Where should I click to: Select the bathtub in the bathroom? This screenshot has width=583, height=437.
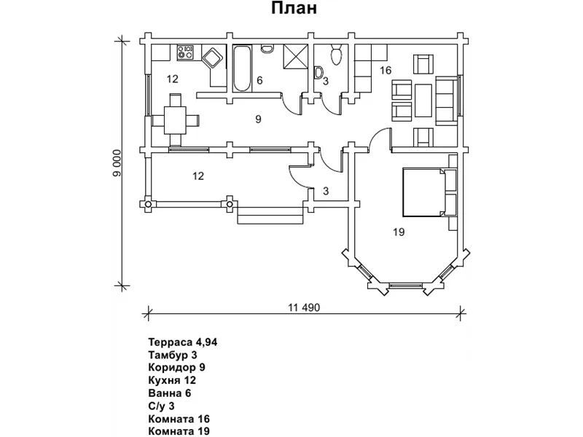242,68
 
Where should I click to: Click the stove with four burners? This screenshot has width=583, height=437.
185,52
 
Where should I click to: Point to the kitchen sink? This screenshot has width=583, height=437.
214,57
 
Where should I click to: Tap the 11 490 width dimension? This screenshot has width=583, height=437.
304,307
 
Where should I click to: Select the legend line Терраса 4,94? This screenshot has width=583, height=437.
183,341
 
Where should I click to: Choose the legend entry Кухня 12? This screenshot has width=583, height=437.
172,380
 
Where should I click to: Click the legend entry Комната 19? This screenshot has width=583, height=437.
179,431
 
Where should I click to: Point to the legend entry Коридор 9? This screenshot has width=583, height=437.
176,367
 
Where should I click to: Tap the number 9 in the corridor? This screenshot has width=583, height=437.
258,119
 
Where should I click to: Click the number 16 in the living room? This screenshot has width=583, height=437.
386,70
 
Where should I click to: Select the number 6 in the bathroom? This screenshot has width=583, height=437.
259,81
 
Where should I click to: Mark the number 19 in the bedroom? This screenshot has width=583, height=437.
398,232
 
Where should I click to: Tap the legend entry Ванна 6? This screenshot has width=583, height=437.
169,393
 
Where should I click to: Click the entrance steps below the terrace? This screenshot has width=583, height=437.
270,217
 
